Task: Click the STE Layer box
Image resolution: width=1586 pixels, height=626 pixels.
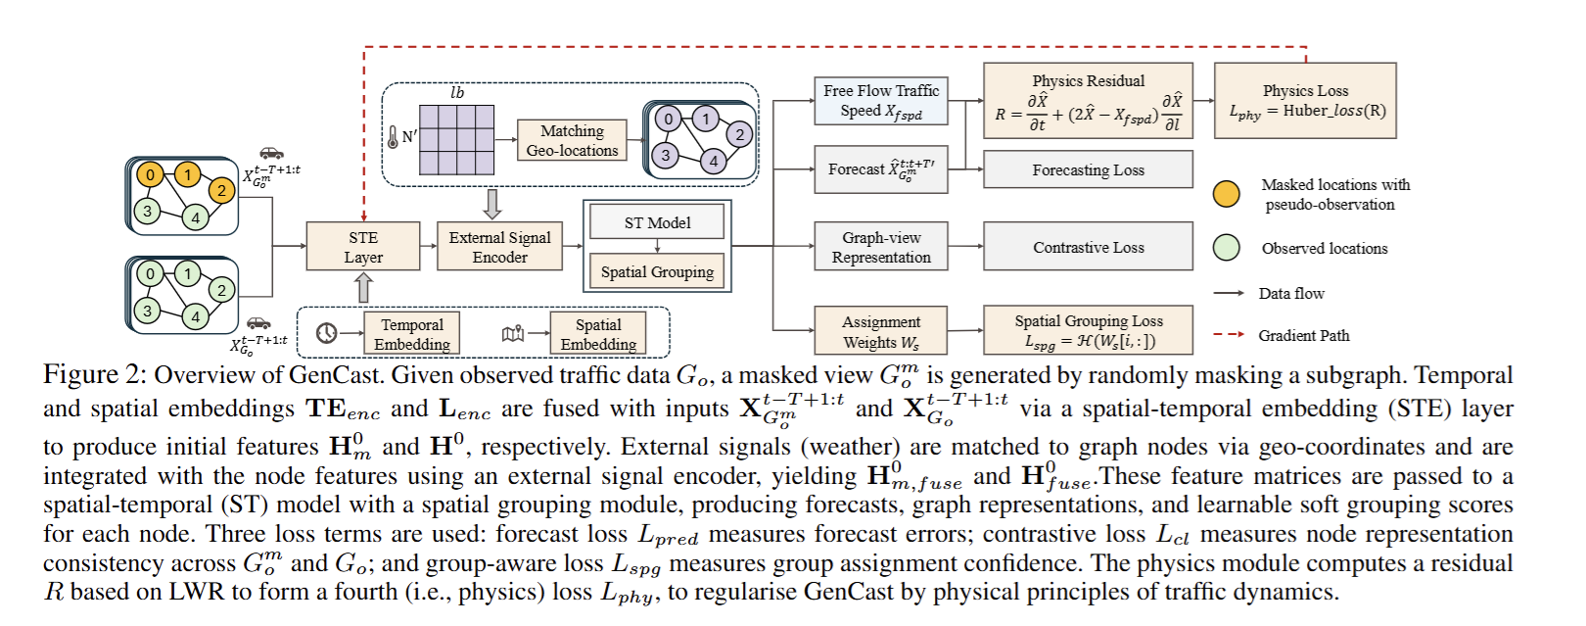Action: [363, 247]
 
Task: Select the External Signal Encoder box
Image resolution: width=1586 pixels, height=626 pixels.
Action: [499, 247]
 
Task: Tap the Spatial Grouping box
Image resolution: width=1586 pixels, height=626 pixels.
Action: [657, 271]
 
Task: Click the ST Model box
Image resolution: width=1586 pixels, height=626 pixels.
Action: [657, 222]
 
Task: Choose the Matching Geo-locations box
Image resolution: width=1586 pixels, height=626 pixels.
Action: [572, 140]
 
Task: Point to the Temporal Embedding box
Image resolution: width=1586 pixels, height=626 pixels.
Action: [411, 334]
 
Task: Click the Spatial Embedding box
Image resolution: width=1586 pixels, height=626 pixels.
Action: [597, 334]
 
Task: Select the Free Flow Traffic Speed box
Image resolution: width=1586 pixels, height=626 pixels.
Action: [881, 101]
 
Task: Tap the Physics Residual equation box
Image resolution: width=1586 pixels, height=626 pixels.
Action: [1088, 101]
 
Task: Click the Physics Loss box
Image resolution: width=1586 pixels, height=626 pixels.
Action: [1305, 101]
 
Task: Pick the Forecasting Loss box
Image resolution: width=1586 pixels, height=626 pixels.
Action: [1088, 169]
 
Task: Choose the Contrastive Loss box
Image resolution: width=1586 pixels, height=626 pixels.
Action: [1088, 247]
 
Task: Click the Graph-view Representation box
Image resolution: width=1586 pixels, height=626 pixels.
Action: [881, 247]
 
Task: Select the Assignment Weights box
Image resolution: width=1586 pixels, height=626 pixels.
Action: [881, 331]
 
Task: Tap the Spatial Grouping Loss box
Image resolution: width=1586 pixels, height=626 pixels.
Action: [1088, 331]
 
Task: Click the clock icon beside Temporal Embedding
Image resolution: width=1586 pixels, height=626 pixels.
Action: [327, 334]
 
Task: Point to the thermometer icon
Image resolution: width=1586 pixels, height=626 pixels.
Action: [393, 137]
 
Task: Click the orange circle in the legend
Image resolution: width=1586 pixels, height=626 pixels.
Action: [1226, 194]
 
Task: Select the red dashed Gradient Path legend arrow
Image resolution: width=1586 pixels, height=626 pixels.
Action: [1229, 335]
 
